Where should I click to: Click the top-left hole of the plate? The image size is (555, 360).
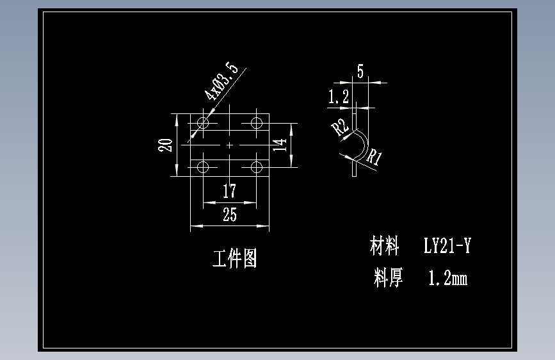click(204, 122)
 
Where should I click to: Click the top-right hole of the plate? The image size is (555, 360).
click(257, 122)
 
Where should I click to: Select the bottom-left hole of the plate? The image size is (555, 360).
click(204, 168)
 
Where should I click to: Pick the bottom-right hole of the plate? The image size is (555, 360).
click(257, 168)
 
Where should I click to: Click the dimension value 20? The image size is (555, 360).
click(166, 145)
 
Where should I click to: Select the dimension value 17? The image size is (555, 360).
click(229, 191)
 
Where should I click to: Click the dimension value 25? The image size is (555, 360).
click(229, 215)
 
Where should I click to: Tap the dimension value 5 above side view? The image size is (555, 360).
click(360, 72)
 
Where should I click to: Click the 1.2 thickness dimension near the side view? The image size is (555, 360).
click(338, 97)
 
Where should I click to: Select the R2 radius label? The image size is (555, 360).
click(340, 127)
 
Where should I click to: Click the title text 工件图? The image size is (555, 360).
click(235, 259)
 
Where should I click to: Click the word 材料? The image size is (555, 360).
click(385, 245)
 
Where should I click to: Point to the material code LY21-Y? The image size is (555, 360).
click(447, 245)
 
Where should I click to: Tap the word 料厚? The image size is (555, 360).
click(389, 278)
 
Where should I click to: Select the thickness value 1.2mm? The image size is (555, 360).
click(447, 278)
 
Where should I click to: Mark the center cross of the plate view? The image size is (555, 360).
click(230, 145)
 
